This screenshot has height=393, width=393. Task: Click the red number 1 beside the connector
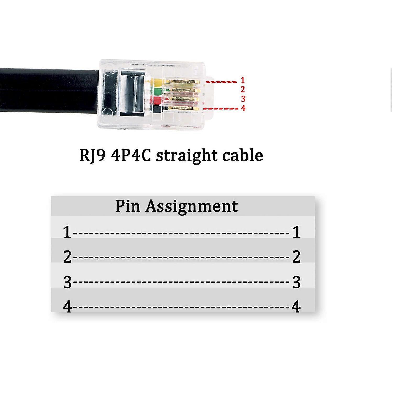click(x=243, y=80)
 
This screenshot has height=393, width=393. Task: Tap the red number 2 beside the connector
click(x=243, y=90)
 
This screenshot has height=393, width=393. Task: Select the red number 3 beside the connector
click(x=243, y=99)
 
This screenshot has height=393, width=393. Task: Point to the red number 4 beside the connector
click(x=243, y=108)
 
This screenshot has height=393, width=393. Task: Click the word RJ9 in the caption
click(x=92, y=156)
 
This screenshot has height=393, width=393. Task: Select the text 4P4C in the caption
click(x=131, y=155)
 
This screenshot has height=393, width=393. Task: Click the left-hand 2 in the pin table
click(x=67, y=257)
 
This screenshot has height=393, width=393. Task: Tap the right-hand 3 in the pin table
click(x=296, y=282)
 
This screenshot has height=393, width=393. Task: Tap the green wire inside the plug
click(x=157, y=91)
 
